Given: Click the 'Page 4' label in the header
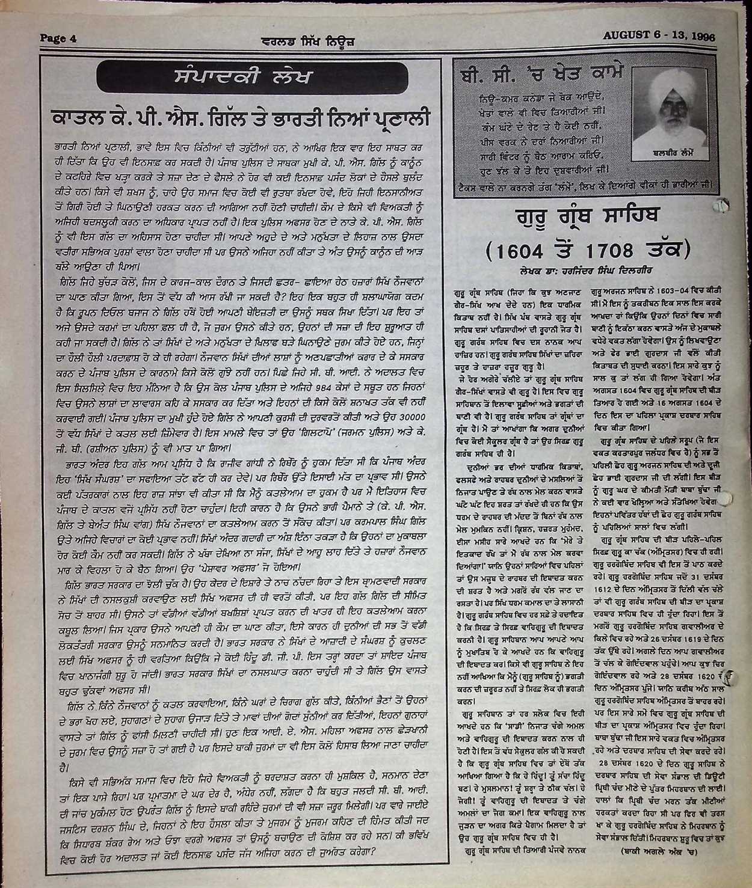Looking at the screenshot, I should click(58, 38).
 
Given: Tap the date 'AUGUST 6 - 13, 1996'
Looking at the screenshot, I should click(659, 35).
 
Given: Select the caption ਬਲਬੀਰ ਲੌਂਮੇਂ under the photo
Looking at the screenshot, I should click(673, 154).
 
